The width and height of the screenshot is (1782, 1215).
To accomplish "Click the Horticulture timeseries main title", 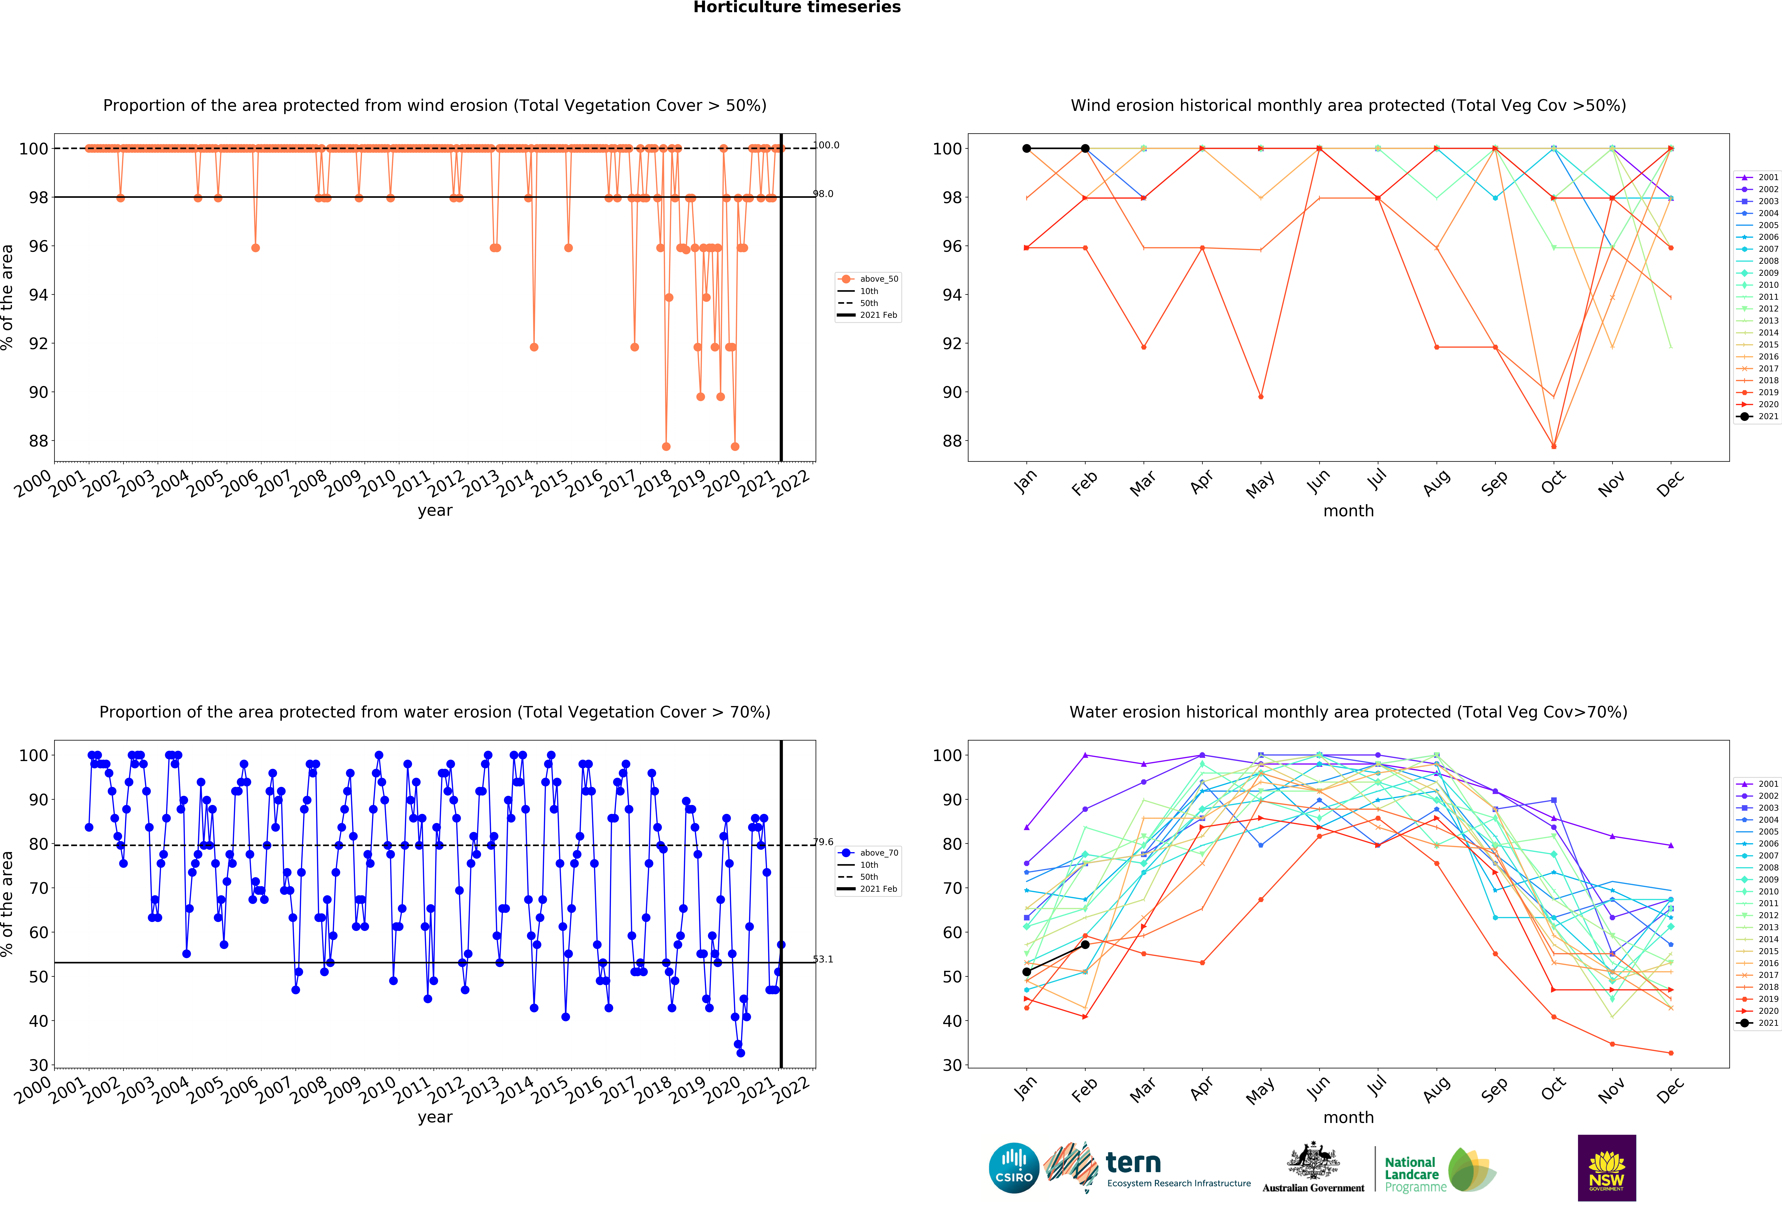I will (x=797, y=8).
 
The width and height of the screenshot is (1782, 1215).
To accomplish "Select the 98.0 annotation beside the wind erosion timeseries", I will (x=824, y=194).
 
